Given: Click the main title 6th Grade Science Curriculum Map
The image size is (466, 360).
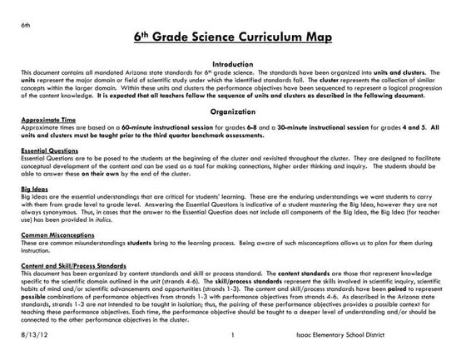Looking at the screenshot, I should tap(232, 38).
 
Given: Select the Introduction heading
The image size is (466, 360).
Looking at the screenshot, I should tap(232, 63).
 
